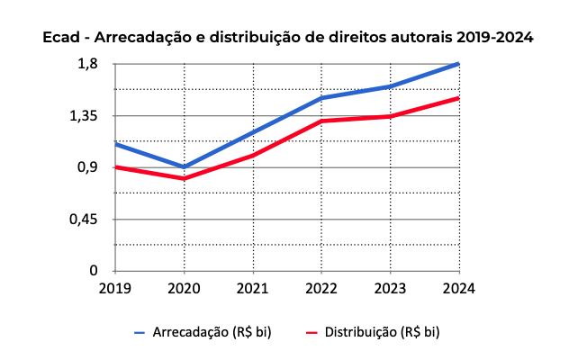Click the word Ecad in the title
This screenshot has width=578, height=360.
61,39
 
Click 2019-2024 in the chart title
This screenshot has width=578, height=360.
494,39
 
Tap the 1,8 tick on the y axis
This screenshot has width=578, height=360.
87,64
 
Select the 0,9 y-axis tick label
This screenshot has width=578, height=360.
87,167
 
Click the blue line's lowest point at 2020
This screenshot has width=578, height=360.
184,167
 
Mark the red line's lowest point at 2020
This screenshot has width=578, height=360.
184,178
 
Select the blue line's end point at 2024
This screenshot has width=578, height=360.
458,64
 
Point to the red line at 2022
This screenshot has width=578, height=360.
321,121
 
